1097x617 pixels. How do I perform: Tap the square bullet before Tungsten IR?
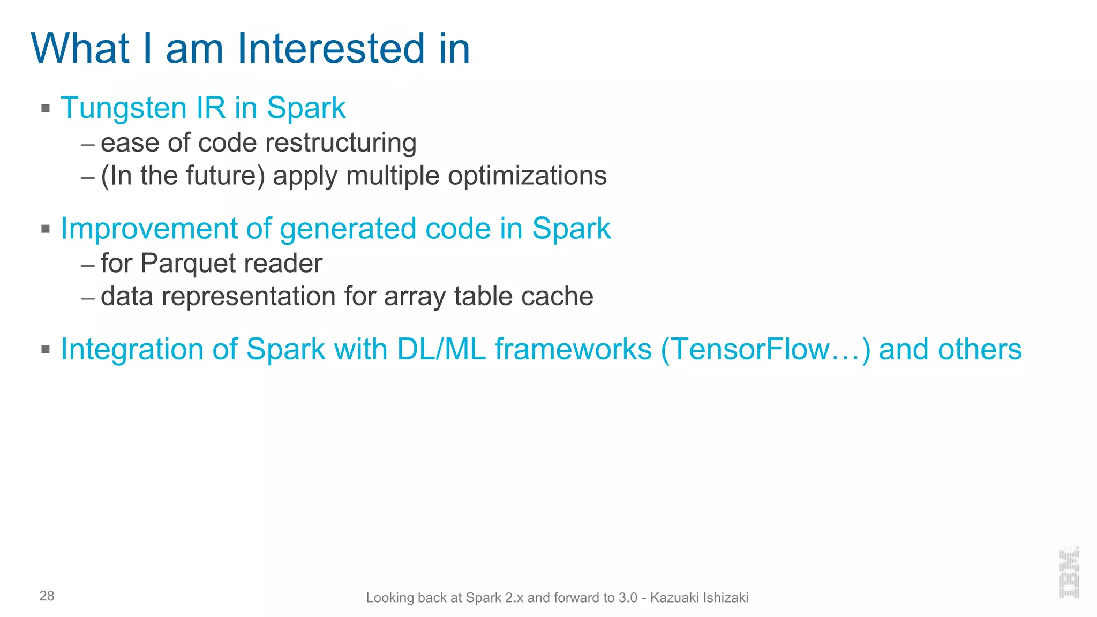tap(46, 108)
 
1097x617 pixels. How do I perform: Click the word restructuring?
tap(341, 143)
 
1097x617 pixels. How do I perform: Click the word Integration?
tap(132, 350)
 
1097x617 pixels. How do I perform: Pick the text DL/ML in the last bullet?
tap(441, 350)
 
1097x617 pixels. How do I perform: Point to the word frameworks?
tap(573, 350)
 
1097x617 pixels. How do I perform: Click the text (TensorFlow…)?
tap(766, 350)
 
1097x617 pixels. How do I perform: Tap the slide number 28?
tap(47, 596)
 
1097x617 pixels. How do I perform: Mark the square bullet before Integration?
tap(46, 350)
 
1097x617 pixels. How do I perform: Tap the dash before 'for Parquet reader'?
tap(87, 265)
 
